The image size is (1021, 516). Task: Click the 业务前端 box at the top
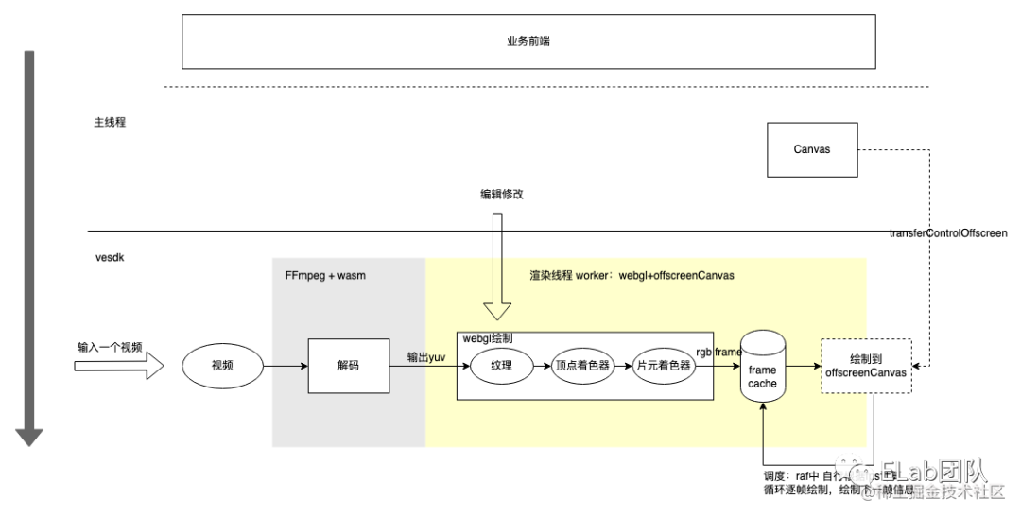(528, 42)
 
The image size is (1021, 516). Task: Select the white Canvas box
(812, 149)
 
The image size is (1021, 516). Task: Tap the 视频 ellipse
(222, 366)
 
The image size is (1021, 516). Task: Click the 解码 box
(348, 366)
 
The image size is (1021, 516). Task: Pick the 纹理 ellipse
(501, 366)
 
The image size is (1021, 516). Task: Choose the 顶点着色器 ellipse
(581, 366)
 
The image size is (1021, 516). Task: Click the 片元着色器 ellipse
(663, 366)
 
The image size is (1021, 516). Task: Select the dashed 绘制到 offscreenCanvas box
(865, 366)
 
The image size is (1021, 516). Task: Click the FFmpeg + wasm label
(325, 275)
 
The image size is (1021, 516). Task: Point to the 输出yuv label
(426, 356)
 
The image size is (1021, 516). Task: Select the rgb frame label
(718, 352)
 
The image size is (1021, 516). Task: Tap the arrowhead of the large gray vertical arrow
(29, 437)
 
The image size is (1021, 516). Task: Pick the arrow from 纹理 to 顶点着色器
(541, 366)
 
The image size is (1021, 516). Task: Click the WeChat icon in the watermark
(853, 472)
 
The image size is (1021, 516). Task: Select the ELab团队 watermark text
(932, 471)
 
